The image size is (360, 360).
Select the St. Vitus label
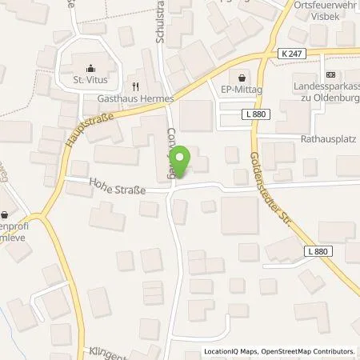[90, 79]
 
